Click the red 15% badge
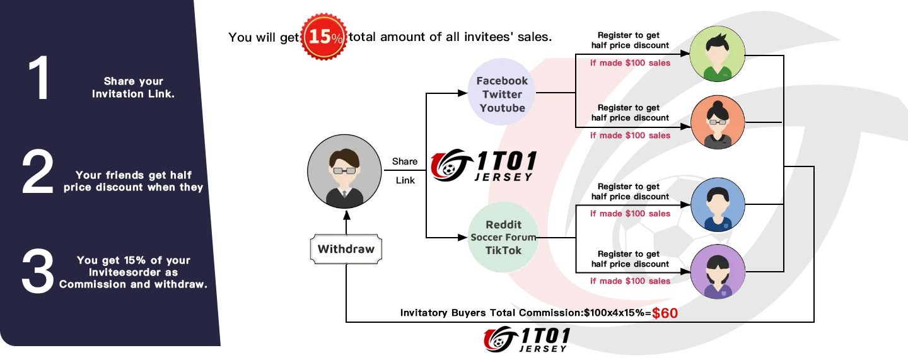(324, 37)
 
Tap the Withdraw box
(346, 249)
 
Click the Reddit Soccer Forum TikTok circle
(503, 238)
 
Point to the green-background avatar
(718, 54)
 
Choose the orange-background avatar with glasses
(718, 122)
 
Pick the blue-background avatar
(718, 204)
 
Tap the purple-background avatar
(718, 272)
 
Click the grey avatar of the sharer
(344, 171)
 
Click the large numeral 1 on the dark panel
(39, 78)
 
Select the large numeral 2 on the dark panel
(38, 171)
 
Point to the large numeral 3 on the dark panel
(38, 270)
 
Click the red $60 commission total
(665, 313)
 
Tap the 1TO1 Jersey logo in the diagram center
(484, 165)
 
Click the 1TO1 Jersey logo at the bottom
(527, 340)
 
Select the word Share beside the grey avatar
(405, 161)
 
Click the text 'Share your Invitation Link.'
(134, 88)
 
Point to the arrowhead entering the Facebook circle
(463, 93)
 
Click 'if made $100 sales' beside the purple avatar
(630, 281)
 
